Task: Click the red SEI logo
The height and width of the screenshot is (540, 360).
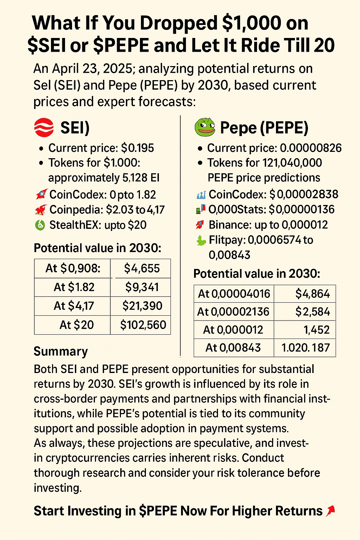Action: click(44, 127)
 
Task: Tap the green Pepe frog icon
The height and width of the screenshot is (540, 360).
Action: click(205, 127)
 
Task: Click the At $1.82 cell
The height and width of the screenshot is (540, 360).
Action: click(74, 287)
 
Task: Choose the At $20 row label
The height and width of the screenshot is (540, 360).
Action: click(76, 325)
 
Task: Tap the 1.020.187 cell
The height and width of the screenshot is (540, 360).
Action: click(305, 348)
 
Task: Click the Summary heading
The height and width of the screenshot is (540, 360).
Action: click(60, 351)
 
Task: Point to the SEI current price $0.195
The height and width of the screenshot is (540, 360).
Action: click(137, 148)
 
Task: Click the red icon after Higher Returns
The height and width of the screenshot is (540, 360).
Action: click(330, 511)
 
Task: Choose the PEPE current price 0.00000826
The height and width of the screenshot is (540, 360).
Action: click(311, 148)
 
